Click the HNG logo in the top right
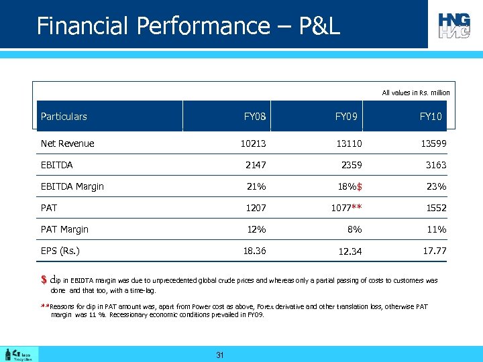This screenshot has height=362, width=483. (454, 25)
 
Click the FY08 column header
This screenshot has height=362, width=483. (255, 117)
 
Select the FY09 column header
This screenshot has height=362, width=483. (346, 117)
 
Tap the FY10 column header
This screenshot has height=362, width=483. (431, 117)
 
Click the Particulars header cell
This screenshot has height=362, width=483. (64, 117)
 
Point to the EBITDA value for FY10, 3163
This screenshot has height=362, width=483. (435, 165)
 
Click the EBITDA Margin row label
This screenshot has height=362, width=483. (72, 186)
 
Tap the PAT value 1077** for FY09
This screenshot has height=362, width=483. (348, 208)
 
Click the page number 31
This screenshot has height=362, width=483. (219, 355)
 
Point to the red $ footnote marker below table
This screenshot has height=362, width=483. (44, 280)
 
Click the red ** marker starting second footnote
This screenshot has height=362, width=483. (45, 306)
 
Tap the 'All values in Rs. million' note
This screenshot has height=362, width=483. (415, 93)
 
